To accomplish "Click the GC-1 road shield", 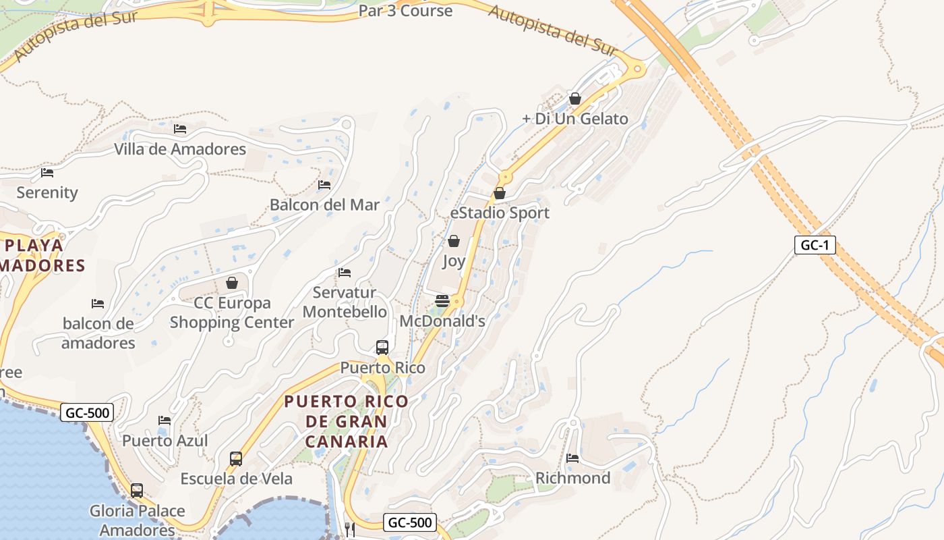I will click(815, 244).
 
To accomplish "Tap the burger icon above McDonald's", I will click(442, 301).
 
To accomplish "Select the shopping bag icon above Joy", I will click(454, 241).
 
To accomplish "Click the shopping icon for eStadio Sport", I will click(500, 193).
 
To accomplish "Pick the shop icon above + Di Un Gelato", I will click(575, 99).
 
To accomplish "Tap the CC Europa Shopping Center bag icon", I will click(232, 283).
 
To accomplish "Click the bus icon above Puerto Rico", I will click(382, 348).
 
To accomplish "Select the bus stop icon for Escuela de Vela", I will click(236, 459).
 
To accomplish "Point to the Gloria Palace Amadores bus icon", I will click(137, 491).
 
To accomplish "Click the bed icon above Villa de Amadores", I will click(180, 129).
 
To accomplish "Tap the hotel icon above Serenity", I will click(47, 173).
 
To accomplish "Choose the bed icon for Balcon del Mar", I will click(324, 185).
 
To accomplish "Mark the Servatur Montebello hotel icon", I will click(345, 273).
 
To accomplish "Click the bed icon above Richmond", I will click(572, 458).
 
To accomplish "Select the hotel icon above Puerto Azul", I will click(165, 421).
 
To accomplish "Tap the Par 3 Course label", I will click(405, 11).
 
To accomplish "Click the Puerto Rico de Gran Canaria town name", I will click(347, 421).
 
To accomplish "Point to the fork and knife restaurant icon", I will click(350, 529).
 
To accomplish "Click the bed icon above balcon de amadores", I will click(98, 304).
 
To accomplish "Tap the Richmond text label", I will click(572, 478).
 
